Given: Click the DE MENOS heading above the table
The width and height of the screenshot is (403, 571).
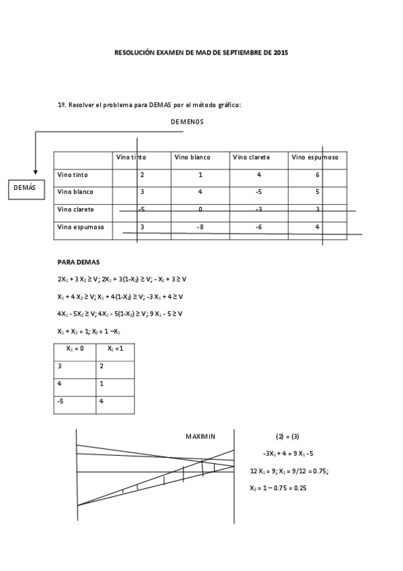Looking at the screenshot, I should pyautogui.click(x=187, y=122).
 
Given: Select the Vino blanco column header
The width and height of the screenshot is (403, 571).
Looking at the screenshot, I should pyautogui.click(x=192, y=158).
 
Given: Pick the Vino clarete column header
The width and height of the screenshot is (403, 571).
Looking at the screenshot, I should pyautogui.click(x=251, y=158).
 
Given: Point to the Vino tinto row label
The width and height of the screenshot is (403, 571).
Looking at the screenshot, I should pyautogui.click(x=73, y=175).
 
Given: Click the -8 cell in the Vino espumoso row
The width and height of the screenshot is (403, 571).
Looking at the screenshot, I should pyautogui.click(x=200, y=227).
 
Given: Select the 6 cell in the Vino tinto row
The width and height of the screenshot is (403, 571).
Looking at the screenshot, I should pyautogui.click(x=317, y=175).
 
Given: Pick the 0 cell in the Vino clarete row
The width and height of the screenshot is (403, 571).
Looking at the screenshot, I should pyautogui.click(x=200, y=209).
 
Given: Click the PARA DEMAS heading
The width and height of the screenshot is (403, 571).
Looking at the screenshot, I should pyautogui.click(x=78, y=261).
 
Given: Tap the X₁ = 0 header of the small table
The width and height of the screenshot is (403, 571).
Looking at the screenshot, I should pyautogui.click(x=75, y=349).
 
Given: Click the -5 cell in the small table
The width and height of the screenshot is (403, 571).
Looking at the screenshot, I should pyautogui.click(x=61, y=401).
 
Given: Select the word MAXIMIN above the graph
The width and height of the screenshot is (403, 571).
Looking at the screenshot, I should pyautogui.click(x=200, y=436).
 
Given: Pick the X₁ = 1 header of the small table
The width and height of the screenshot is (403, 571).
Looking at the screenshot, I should pyautogui.click(x=115, y=349).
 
